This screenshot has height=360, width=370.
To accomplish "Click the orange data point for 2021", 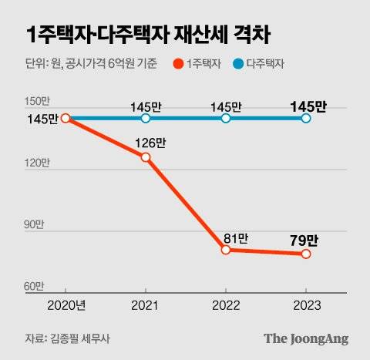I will pyautogui.click(x=146, y=157).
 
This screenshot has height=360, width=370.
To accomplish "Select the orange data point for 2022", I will pyautogui.click(x=226, y=250).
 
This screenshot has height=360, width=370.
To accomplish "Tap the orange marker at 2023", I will pyautogui.click(x=306, y=254).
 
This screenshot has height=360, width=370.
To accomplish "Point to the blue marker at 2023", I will pyautogui.click(x=306, y=118).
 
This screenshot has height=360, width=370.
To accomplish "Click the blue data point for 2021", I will pyautogui.click(x=146, y=118).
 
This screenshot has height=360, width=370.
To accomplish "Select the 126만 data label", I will pyautogui.click(x=149, y=143).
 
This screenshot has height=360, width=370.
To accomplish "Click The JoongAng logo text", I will pyautogui.click(x=306, y=338).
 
